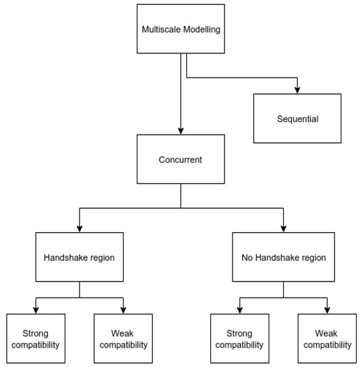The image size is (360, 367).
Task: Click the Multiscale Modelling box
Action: (x=181, y=29)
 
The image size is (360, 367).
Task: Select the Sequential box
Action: (x=297, y=119)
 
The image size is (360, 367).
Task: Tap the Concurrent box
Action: (x=181, y=159)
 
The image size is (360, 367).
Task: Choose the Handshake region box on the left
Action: (x=79, y=256)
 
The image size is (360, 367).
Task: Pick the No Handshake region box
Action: (x=283, y=256)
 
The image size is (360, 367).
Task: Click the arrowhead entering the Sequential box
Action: (x=297, y=90)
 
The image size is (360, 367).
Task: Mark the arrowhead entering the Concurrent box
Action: (x=181, y=131)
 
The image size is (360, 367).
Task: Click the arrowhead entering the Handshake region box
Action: (x=79, y=228)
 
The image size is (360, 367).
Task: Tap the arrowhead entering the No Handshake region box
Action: (x=283, y=228)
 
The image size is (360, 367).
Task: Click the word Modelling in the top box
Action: (x=201, y=29)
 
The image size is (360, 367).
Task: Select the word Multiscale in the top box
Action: (x=160, y=29)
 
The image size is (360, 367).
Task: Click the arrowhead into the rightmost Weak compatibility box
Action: (x=327, y=310)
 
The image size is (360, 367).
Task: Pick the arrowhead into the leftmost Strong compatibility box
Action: (x=35, y=310)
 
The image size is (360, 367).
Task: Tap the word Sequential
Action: (x=297, y=119)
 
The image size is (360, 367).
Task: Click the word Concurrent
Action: (x=181, y=159)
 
